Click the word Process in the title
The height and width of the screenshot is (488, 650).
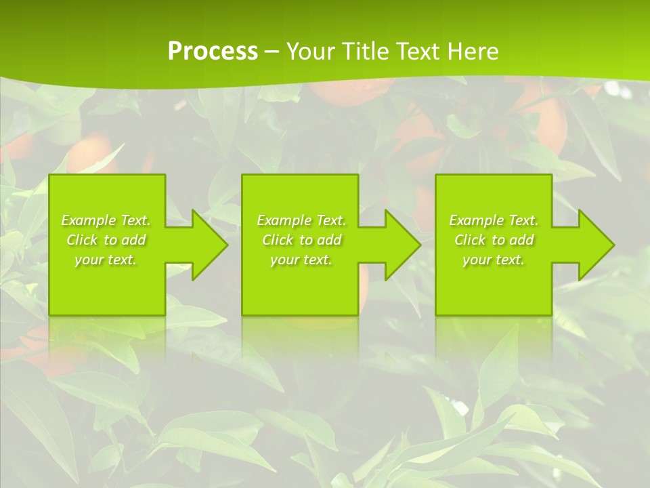[x=213, y=52]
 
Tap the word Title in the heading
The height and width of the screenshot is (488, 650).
[x=364, y=52]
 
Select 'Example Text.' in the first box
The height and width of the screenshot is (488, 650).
[x=106, y=220]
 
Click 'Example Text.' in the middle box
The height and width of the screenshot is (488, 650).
[x=301, y=220]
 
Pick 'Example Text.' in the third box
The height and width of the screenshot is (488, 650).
[x=494, y=220]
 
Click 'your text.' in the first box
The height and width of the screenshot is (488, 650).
[x=106, y=260]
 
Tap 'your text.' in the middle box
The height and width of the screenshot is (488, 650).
[x=301, y=260]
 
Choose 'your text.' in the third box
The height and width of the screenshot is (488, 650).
[x=494, y=260]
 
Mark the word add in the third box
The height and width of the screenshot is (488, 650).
[x=521, y=240]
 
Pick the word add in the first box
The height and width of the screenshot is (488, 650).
[x=133, y=240]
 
